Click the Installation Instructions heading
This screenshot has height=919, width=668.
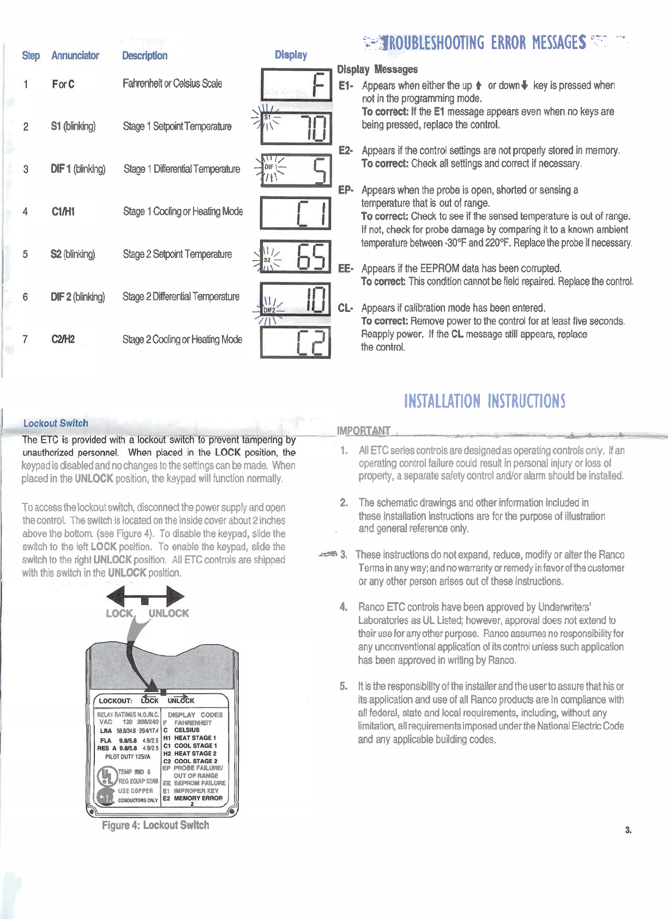(484, 401)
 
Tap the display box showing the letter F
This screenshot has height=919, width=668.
(296, 85)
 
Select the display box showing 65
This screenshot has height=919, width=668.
(296, 256)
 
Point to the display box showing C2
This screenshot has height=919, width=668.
(296, 341)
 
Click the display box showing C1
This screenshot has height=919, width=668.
(296, 213)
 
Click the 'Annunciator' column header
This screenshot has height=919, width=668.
(75, 56)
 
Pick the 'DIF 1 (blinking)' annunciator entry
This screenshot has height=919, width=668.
(78, 169)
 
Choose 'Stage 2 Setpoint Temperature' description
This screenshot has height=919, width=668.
(177, 254)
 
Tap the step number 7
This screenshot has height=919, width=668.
(25, 339)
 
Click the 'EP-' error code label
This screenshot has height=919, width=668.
(346, 190)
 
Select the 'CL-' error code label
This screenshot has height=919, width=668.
(345, 308)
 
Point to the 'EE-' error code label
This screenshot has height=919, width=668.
(346, 268)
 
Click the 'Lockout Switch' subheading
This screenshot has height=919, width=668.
(56, 423)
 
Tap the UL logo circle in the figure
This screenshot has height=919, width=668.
(107, 776)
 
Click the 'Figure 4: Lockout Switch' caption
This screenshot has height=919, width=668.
(155, 825)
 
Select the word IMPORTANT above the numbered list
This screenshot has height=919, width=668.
(364, 431)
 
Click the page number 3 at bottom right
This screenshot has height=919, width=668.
(628, 830)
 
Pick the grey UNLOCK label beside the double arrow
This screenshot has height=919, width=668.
(169, 613)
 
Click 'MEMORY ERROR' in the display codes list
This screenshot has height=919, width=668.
(198, 798)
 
